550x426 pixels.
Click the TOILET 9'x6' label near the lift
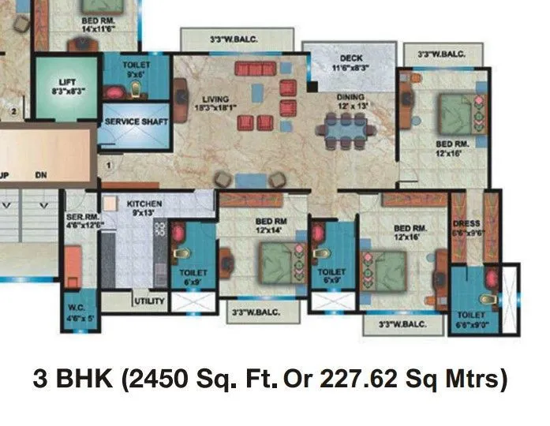pyautogui.click(x=137, y=69)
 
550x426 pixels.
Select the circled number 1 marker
pyautogui.click(x=110, y=165)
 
